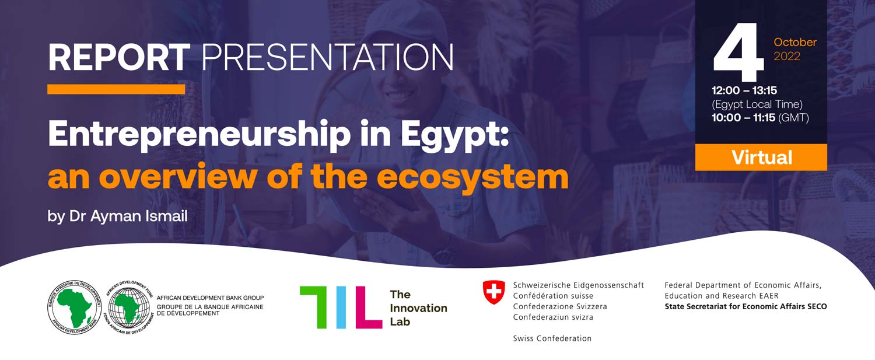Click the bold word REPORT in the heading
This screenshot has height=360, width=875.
pyautogui.click(x=119, y=57)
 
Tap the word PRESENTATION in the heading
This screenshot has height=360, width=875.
pyautogui.click(x=327, y=57)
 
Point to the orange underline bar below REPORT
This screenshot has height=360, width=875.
pyautogui.click(x=116, y=89)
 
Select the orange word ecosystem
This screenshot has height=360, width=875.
pyautogui.click(x=473, y=178)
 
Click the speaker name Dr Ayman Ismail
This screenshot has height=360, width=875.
pyautogui.click(x=128, y=216)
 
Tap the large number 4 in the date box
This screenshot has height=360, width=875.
pyautogui.click(x=738, y=52)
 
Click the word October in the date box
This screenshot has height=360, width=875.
pyautogui.click(x=795, y=42)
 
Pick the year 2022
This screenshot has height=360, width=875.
pyautogui.click(x=787, y=56)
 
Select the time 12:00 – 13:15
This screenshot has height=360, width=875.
pyautogui.click(x=744, y=90)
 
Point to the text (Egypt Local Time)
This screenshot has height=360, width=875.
pyautogui.click(x=757, y=104)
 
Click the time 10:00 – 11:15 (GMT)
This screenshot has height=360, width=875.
pyautogui.click(x=760, y=118)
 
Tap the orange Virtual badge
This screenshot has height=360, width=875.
pyautogui.click(x=761, y=157)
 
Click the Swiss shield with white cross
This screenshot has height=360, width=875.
pyautogui.click(x=494, y=292)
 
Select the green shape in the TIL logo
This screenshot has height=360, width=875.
pyautogui.click(x=313, y=307)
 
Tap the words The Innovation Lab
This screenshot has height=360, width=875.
pyautogui.click(x=418, y=308)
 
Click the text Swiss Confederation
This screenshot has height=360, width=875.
pyautogui.click(x=552, y=338)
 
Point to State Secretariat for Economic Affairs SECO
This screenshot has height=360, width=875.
pyautogui.click(x=745, y=306)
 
